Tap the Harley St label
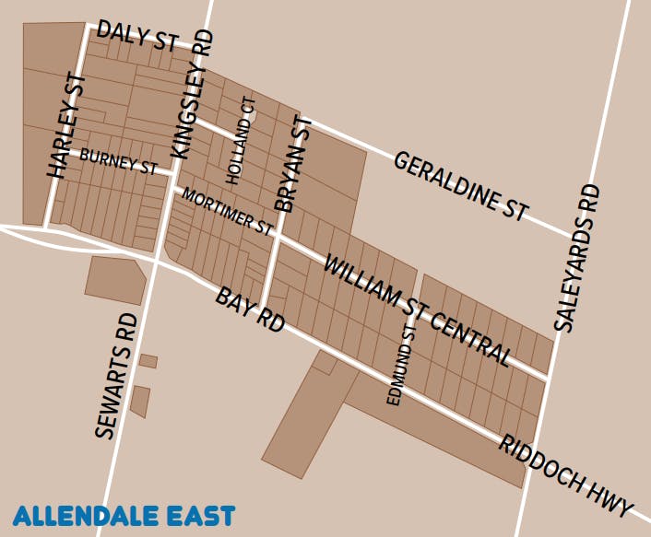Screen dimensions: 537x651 click(66, 125)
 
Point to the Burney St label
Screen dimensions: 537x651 click(118, 161)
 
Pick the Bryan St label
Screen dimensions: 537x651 click(294, 164)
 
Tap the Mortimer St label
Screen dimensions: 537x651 click(228, 211)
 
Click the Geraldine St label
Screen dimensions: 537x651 click(461, 186)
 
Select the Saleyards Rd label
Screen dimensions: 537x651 click(577, 257)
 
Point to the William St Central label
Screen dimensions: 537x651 click(417, 309)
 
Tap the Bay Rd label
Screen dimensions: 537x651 click(250, 309)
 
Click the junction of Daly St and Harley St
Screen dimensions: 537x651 click(88, 27)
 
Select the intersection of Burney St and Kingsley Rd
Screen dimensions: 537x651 click(173, 171)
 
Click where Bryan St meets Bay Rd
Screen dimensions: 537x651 click(265, 306)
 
